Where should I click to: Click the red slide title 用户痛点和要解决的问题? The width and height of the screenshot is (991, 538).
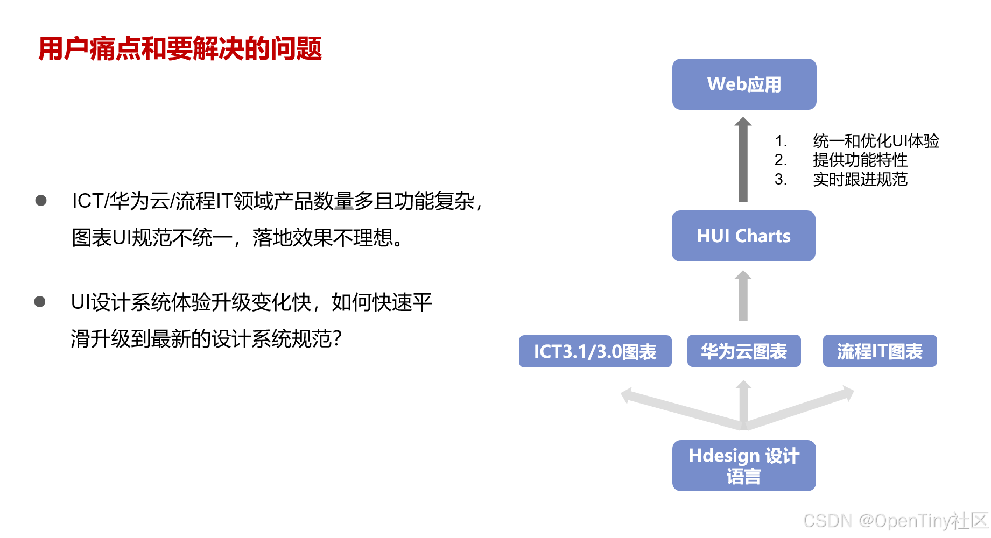[180, 48]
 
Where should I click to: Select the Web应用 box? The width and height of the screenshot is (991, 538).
[744, 84]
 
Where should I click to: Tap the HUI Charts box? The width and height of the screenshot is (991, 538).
[743, 236]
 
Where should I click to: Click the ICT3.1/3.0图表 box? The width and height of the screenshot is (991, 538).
[595, 351]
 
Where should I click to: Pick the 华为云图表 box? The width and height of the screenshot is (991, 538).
[744, 351]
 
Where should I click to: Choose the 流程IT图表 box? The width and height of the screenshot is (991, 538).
[880, 351]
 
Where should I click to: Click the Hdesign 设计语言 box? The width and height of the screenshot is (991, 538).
[744, 465]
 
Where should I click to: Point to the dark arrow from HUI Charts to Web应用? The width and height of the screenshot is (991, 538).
[743, 159]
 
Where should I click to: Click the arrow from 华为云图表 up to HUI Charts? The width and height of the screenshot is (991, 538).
[743, 295]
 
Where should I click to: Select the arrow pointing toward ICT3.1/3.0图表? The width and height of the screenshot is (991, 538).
[683, 408]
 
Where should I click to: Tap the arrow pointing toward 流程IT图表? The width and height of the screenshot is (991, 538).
[799, 407]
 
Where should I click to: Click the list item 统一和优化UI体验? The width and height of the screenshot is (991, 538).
[876, 141]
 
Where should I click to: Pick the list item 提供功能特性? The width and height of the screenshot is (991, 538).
[860, 160]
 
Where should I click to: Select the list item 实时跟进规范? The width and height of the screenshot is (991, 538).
[860, 179]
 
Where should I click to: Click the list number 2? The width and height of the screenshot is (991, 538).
[781, 160]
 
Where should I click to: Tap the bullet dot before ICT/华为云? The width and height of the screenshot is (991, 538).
[41, 201]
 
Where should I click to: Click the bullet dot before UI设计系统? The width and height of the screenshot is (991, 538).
[40, 301]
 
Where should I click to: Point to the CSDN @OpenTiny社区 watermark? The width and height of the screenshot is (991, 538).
[896, 521]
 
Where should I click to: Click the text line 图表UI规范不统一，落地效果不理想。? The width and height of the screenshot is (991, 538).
[238, 237]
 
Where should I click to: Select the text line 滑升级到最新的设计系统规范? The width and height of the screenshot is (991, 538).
[206, 338]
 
